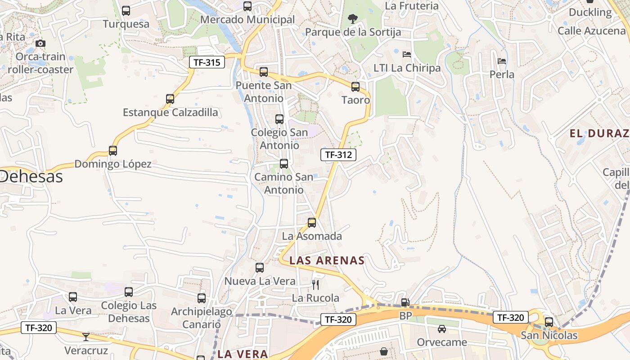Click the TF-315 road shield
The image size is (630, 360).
pyautogui.click(x=207, y=62)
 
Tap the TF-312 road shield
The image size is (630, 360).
pyautogui.click(x=338, y=155)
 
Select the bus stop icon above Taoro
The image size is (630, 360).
pyautogui.click(x=355, y=87)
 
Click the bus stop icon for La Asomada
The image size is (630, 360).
pyautogui.click(x=311, y=223)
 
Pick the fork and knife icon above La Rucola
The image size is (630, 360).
pyautogui.click(x=315, y=284)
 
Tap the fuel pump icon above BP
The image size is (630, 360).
pyautogui.click(x=405, y=303)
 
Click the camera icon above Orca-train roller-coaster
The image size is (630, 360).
pyautogui.click(x=40, y=44)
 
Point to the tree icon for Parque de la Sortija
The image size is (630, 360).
pyautogui.click(x=353, y=19)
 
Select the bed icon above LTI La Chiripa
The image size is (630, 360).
pyautogui.click(x=407, y=54)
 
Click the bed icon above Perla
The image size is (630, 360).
pyautogui.click(x=502, y=61)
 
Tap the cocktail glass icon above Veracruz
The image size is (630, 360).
pyautogui.click(x=86, y=337)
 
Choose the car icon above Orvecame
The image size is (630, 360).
pyautogui.click(x=441, y=329)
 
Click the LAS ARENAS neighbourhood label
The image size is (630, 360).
pyautogui.click(x=327, y=261)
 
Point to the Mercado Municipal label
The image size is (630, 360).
pyautogui.click(x=247, y=20)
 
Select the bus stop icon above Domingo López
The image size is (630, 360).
pyautogui.click(x=113, y=151)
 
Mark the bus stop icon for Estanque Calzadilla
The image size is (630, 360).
pyautogui.click(x=170, y=99)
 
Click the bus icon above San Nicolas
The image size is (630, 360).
pyautogui.click(x=549, y=322)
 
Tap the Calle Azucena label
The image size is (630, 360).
pyautogui.click(x=591, y=31)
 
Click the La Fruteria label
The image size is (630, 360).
pyautogui.click(x=412, y=6)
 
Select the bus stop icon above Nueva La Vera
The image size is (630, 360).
pyautogui.click(x=260, y=268)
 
